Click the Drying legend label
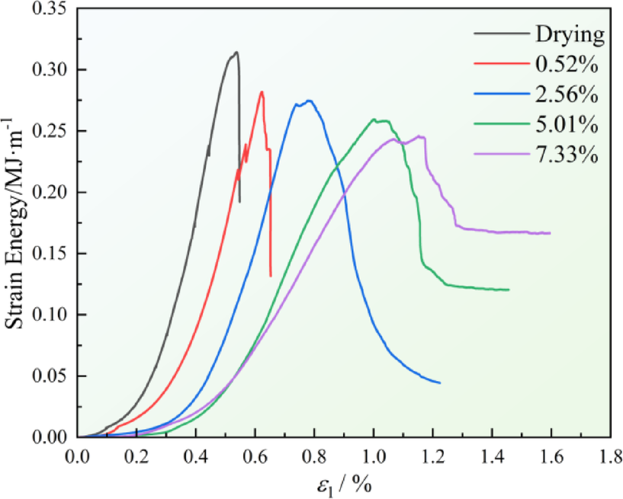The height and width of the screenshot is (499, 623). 570,35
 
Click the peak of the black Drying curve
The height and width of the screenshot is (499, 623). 236,52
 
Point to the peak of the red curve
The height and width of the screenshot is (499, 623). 262,92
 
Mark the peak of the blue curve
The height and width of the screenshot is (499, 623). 308,100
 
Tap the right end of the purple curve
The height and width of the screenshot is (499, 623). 550,233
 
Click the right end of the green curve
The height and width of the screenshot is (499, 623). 509,289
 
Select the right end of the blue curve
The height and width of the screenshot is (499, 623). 440,382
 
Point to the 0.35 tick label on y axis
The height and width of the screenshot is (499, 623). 51,9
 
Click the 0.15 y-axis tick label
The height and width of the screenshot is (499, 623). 51,254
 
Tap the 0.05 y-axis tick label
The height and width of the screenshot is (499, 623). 51,376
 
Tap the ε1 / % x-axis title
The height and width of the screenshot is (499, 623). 345,484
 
